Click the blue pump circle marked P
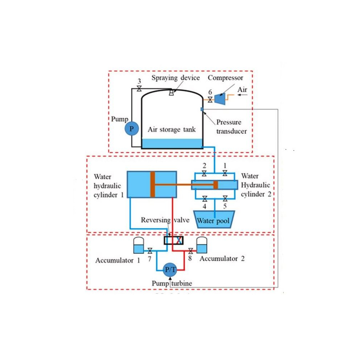point(131,129)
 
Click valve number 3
point(139,89)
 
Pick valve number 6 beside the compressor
point(210,99)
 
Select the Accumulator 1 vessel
point(138,246)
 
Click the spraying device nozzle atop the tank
point(171,93)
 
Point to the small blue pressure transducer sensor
point(202,109)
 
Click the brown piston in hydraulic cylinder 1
point(153,184)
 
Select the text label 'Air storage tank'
point(172,129)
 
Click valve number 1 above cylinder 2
point(225,174)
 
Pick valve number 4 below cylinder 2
point(204,198)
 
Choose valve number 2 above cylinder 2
point(204,174)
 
